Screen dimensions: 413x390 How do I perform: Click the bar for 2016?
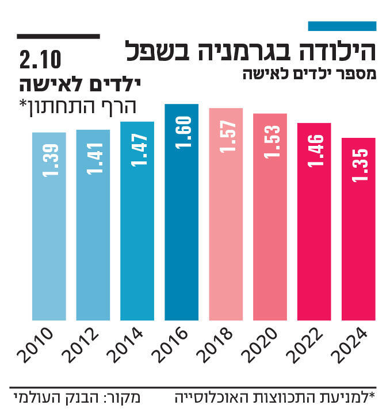[x=182, y=230]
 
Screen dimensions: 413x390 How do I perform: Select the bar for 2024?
[x=358, y=241]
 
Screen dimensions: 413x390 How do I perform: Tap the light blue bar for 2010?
[x=49, y=241]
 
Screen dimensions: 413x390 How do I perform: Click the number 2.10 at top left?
[x=41, y=59]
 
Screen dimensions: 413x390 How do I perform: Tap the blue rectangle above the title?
[x=342, y=26]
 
